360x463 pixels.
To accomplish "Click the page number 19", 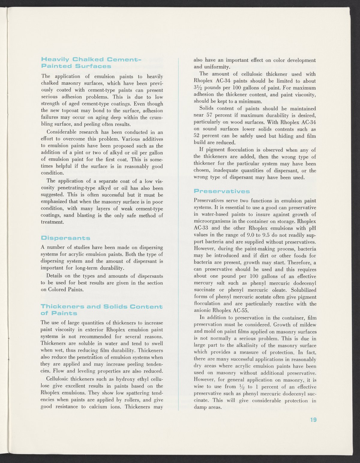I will [x=313, y=419].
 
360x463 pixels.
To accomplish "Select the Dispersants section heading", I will [x=65, y=238].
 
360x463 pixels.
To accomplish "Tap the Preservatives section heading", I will [x=222, y=191].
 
